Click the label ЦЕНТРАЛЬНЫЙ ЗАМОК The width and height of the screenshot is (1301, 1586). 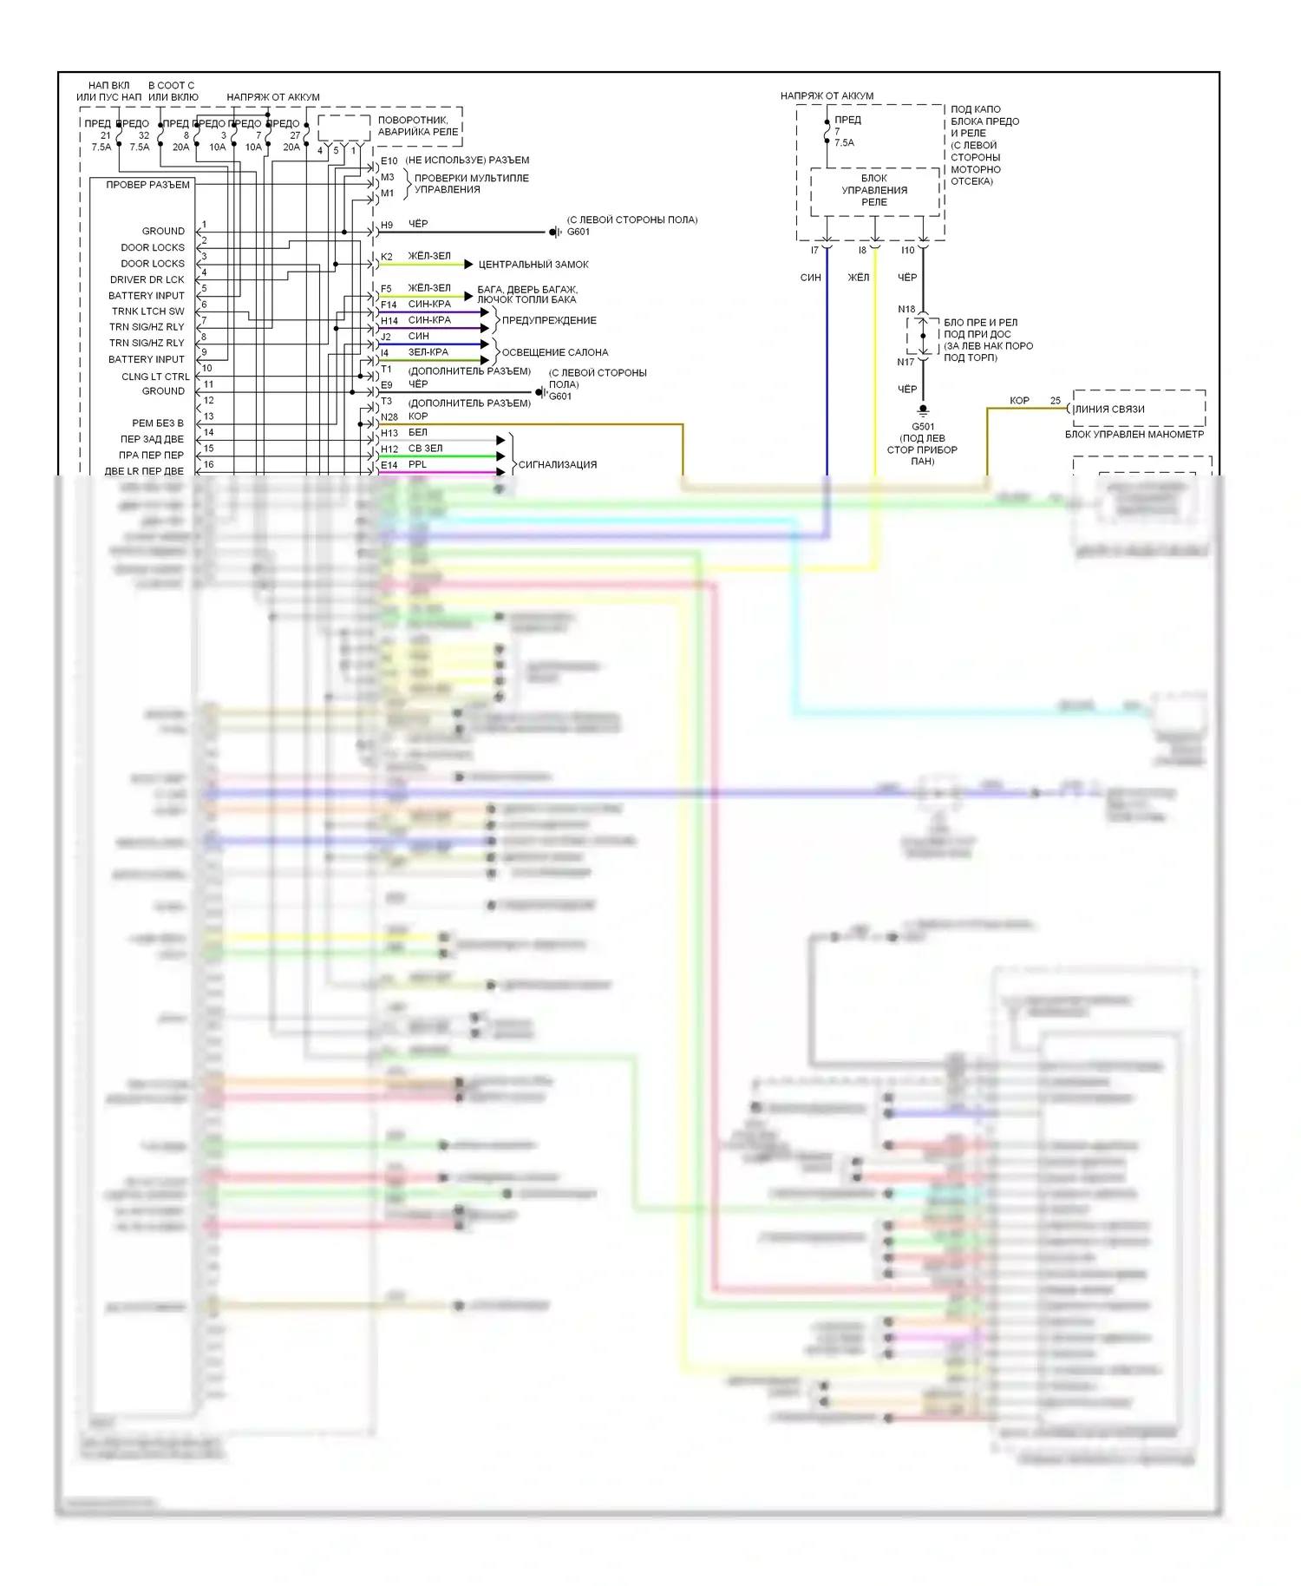(533, 265)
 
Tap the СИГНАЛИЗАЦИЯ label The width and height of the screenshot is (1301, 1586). (557, 465)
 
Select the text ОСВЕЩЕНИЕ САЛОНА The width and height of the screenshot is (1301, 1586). (554, 352)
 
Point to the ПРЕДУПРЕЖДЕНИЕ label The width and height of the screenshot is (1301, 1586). (549, 320)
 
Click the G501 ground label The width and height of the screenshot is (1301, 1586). (923, 427)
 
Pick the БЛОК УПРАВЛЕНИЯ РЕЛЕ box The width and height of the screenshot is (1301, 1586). (874, 190)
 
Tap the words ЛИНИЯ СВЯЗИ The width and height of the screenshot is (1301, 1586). (1109, 410)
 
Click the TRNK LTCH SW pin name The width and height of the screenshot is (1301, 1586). (147, 311)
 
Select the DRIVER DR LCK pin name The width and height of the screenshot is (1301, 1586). (147, 279)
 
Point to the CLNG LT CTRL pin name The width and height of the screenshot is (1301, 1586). (155, 377)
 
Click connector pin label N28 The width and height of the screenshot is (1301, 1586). (389, 417)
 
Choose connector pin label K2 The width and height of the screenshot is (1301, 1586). (387, 257)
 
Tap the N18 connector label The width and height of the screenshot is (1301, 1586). (906, 309)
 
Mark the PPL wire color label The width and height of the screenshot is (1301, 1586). (417, 464)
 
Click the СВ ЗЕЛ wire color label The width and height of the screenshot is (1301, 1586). (425, 449)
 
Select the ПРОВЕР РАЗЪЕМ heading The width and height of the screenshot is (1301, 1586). (147, 185)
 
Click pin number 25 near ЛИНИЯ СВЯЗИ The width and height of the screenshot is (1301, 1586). (1055, 401)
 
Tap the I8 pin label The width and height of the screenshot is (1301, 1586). (862, 251)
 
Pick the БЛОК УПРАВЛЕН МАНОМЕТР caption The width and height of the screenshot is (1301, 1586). (1134, 434)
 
